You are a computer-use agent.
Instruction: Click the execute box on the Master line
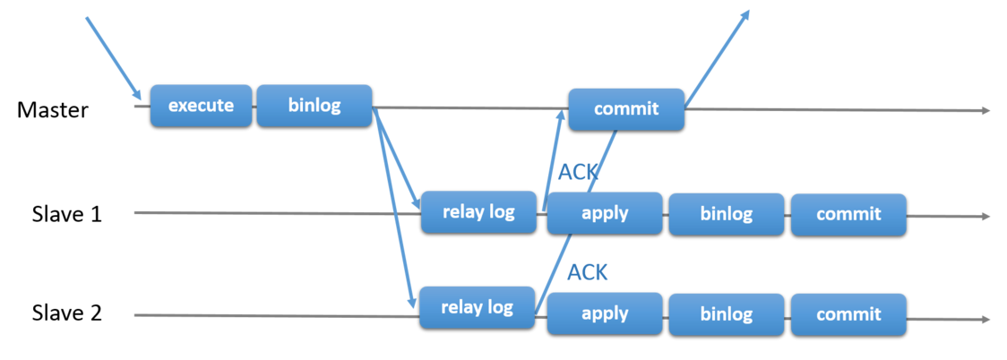coord(201,106)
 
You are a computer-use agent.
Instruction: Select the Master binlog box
coord(314,106)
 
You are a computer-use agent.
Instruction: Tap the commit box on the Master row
coord(626,109)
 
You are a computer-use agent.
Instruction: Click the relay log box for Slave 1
coord(478,211)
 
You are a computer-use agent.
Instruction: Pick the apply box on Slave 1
coord(605,213)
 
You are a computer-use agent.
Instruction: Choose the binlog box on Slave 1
coord(727,214)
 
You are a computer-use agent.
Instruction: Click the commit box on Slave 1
coord(848,214)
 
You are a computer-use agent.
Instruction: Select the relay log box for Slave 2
coord(478,308)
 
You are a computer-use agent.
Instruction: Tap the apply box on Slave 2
coord(605,313)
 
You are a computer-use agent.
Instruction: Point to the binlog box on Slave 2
coord(727,314)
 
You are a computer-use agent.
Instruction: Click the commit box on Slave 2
coord(848,314)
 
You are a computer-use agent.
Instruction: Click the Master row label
coord(52,110)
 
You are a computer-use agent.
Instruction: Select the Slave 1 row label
coord(67,214)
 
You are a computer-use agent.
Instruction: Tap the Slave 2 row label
coord(67,313)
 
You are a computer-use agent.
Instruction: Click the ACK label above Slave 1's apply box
coord(579,172)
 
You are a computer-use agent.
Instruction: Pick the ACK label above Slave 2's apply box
coord(588,272)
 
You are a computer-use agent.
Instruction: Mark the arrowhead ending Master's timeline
coord(985,111)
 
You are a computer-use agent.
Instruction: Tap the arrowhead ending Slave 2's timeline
coord(985,319)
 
